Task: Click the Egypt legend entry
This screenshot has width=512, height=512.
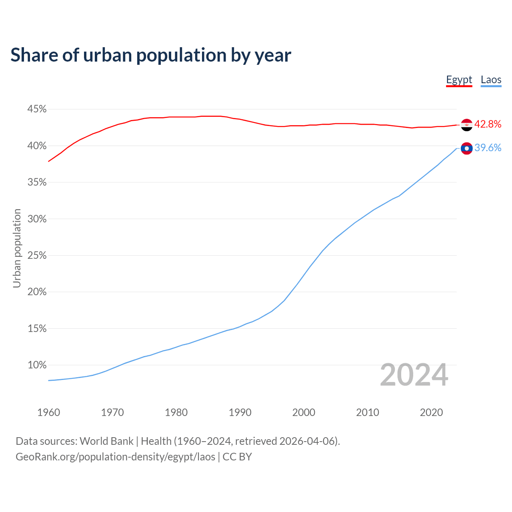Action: pos(459,80)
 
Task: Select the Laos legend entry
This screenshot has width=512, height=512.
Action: pos(491,80)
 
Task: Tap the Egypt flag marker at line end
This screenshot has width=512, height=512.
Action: pos(466,125)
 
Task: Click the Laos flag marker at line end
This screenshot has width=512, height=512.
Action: pos(466,148)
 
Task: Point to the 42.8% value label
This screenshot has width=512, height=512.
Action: pos(488,124)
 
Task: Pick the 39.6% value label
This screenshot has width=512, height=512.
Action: pos(488,148)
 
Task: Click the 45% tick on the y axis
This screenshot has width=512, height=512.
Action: pos(37,109)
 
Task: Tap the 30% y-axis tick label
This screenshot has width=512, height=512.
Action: pos(37,219)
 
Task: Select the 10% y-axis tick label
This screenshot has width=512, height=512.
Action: pos(37,365)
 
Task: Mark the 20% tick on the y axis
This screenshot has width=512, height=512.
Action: pos(37,292)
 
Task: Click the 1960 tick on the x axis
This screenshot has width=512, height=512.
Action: pos(49,412)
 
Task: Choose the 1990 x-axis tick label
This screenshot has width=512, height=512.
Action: pos(240,412)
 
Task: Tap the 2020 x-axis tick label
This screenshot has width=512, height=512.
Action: pos(431,412)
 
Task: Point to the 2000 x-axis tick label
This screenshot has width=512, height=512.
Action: pos(304,412)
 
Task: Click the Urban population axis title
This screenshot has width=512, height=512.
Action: pos(17,248)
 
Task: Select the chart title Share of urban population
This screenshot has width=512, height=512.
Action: pos(151,55)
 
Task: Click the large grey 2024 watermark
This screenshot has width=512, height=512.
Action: pos(414,375)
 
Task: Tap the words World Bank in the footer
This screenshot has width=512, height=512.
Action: pos(106,441)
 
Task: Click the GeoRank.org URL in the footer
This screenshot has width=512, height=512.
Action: pos(115,457)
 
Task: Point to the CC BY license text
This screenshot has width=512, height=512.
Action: pos(237,457)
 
